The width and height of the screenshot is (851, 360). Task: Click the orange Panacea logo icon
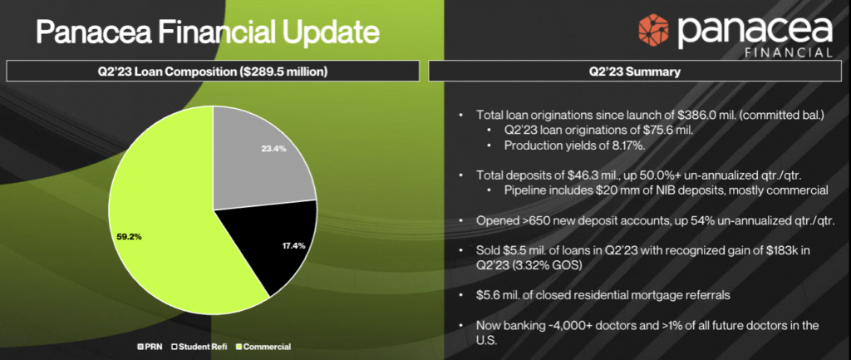[655, 32]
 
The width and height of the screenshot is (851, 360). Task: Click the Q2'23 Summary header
[633, 72]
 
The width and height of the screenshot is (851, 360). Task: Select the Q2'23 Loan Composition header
[212, 72]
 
